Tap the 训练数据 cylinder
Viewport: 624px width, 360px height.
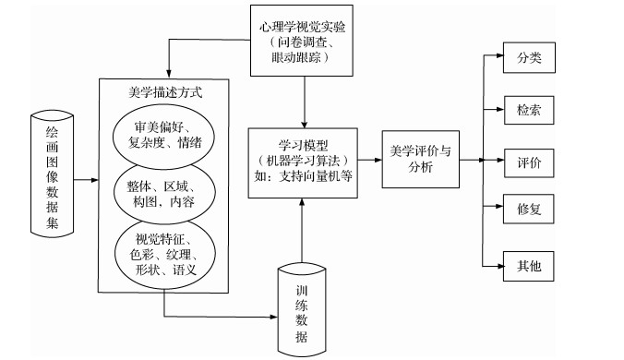302,307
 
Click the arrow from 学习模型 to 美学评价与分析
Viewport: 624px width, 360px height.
371,157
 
